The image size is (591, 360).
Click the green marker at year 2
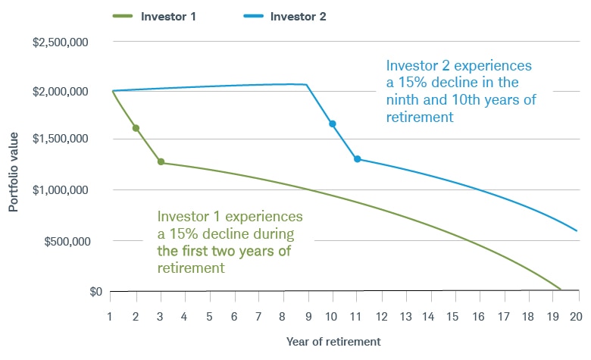(136, 128)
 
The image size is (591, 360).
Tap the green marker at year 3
(161, 162)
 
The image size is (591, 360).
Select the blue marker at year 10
(332, 124)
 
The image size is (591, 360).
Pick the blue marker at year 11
(357, 159)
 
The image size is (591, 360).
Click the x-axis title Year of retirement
(333, 341)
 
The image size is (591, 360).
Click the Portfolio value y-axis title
(14, 165)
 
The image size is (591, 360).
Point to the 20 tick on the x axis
(577, 315)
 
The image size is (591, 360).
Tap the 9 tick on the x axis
(308, 315)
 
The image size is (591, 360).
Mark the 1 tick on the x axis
(111, 315)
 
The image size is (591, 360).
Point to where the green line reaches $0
(560, 290)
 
